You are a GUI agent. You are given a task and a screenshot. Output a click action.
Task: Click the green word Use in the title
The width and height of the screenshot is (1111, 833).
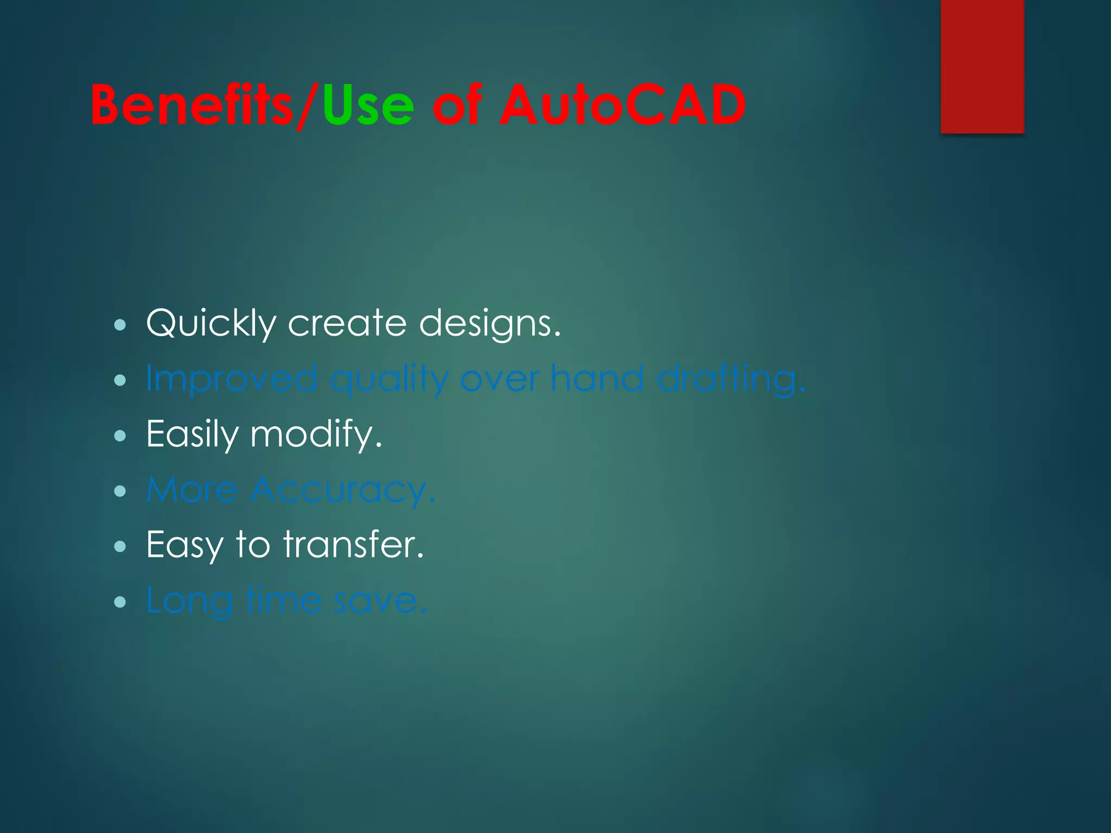(x=368, y=105)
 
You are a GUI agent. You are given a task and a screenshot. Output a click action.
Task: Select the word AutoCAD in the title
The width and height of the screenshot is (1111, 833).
(x=622, y=105)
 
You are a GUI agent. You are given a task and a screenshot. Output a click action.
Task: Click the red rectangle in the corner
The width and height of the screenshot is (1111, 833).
(x=982, y=66)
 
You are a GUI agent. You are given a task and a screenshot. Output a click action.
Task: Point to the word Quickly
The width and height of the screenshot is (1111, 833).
(x=211, y=324)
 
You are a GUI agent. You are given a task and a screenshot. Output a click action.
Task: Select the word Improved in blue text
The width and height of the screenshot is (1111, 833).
(x=232, y=379)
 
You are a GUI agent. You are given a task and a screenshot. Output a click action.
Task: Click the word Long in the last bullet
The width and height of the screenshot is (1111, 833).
(x=189, y=601)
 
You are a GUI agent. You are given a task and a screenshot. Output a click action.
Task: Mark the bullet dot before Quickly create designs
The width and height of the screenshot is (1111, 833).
(x=120, y=325)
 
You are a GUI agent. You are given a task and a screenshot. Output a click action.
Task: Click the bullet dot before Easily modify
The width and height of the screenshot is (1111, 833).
(x=120, y=435)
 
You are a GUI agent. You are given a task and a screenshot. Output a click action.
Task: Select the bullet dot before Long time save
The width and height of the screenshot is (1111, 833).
(x=120, y=601)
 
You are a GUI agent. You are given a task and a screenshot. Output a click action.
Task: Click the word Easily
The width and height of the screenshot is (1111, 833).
(x=192, y=434)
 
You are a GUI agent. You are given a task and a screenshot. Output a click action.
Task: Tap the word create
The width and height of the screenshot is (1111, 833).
(x=347, y=324)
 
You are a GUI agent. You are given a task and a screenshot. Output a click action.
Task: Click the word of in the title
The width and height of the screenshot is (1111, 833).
(x=457, y=105)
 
